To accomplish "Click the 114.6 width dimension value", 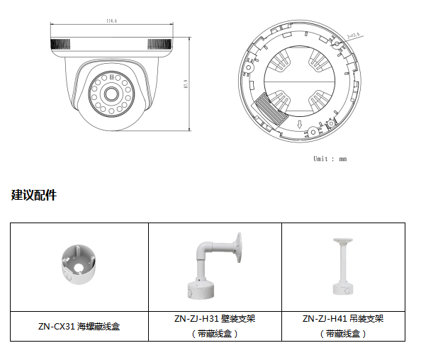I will click(x=111, y=21).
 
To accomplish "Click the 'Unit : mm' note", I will click(x=330, y=159).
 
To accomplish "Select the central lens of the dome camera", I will click(x=111, y=94).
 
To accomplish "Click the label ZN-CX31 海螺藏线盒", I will click(x=79, y=327).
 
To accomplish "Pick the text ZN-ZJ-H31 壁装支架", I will click(x=214, y=319).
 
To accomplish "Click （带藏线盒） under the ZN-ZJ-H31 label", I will click(x=214, y=333).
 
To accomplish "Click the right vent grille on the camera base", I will click(x=159, y=45).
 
